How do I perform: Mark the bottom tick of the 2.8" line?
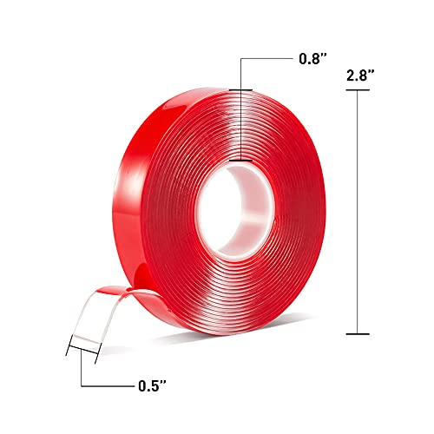357,333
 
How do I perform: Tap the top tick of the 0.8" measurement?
240,90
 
